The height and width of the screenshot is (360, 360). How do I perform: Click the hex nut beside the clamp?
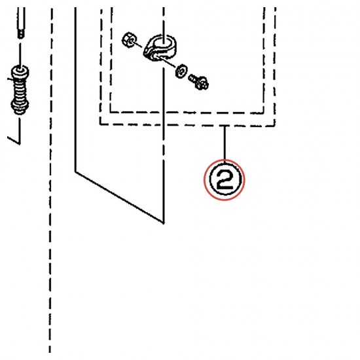coord(130,40)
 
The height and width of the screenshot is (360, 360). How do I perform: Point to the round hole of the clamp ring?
coord(162,42)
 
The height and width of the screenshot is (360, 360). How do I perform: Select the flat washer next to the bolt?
coord(181,71)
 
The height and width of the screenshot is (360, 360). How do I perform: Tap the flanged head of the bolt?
coord(202,83)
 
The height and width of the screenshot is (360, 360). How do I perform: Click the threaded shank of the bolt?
coord(192,79)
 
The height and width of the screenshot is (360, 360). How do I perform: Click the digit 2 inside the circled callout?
coord(225,181)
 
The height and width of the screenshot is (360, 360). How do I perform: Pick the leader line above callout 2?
coord(225,143)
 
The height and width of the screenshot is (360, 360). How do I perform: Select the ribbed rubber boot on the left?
coord(20,90)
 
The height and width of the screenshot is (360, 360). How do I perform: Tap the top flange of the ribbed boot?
coord(20,70)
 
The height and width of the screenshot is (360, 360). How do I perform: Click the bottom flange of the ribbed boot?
coord(20,109)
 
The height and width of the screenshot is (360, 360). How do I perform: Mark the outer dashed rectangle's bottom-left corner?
coord(100,124)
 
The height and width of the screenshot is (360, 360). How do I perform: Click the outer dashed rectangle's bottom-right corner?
coord(275,126)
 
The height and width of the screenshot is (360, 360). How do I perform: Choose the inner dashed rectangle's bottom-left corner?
coord(111,113)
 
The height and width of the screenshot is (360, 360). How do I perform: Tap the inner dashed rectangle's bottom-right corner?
coord(264,113)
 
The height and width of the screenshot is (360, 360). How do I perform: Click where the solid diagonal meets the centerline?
coord(164,223)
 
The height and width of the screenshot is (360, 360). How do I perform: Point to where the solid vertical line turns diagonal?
coord(75,171)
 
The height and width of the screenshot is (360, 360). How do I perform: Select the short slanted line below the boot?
coord(14,141)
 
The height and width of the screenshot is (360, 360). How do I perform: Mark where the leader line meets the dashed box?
coord(225,126)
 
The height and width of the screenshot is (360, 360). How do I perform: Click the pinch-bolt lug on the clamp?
coord(152,56)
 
